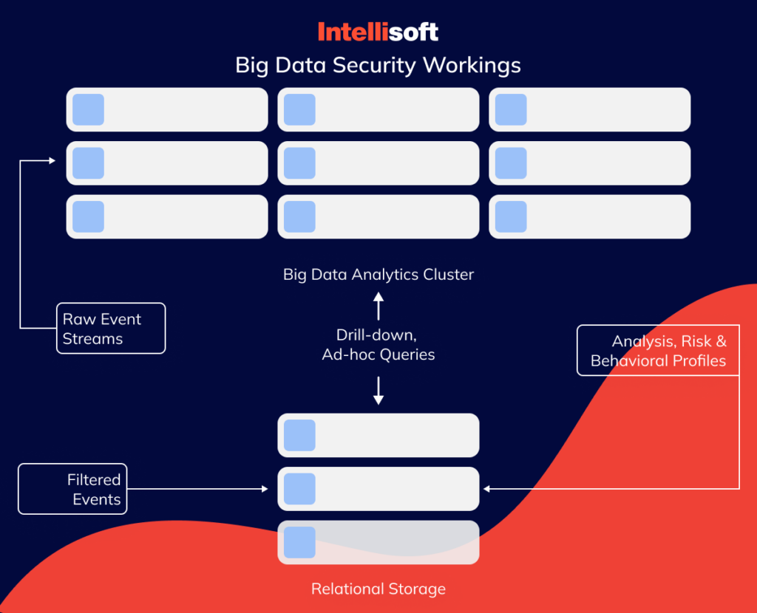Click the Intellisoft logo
(x=378, y=32)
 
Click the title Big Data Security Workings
(x=378, y=65)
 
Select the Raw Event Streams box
(x=110, y=329)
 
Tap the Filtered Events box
(x=72, y=489)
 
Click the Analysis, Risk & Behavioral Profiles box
(x=657, y=351)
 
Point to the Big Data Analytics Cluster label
(x=378, y=275)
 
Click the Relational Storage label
(x=378, y=589)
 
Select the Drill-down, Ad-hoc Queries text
(x=378, y=345)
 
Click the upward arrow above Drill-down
(x=378, y=304)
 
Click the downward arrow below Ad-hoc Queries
(x=378, y=391)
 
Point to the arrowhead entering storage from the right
(x=486, y=489)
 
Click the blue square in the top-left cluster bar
(x=88, y=109)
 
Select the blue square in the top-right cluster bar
(x=511, y=109)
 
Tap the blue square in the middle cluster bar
(x=299, y=163)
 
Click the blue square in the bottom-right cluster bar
(x=511, y=216)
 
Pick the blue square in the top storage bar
(x=299, y=435)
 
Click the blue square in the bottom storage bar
(x=299, y=542)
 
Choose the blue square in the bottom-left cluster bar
(x=88, y=216)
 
